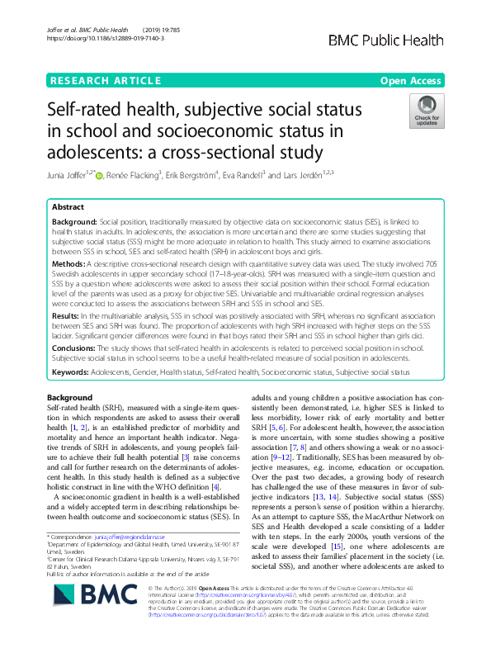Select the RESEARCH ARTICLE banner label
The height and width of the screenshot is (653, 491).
pyautogui.click(x=106, y=81)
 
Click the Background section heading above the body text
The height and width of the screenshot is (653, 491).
pyautogui.click(x=70, y=398)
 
